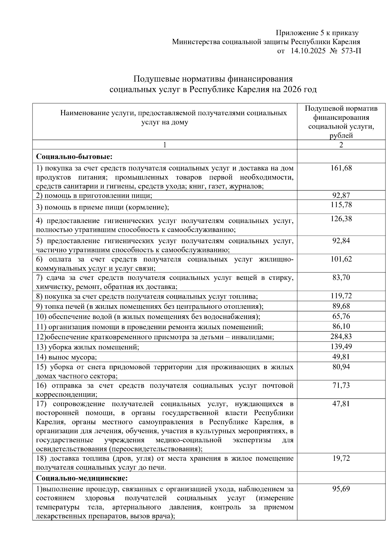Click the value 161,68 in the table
341,168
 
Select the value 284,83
341,337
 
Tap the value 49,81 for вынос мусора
341,357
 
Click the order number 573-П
351,51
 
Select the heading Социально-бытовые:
74,157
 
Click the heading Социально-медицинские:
82,478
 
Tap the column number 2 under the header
341,145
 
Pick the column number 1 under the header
165,145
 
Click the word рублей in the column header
341,136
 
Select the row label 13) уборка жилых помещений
88,347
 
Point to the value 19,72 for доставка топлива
341,458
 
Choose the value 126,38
341,219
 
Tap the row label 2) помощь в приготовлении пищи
94,195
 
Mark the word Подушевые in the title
156,79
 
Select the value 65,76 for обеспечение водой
341,316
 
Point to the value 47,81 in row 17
341,404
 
